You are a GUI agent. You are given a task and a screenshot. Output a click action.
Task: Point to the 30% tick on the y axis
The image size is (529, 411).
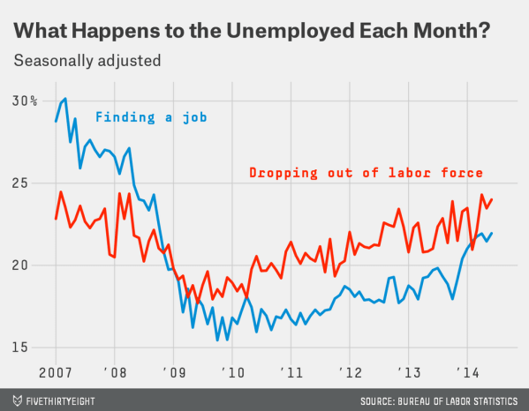[x=25, y=101]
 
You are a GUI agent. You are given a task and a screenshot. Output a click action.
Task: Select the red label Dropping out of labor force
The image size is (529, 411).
[x=366, y=173]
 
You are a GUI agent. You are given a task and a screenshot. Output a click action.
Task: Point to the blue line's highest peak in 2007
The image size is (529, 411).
[x=65, y=98]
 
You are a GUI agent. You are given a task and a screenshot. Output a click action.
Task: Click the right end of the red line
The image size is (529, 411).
[x=492, y=199]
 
